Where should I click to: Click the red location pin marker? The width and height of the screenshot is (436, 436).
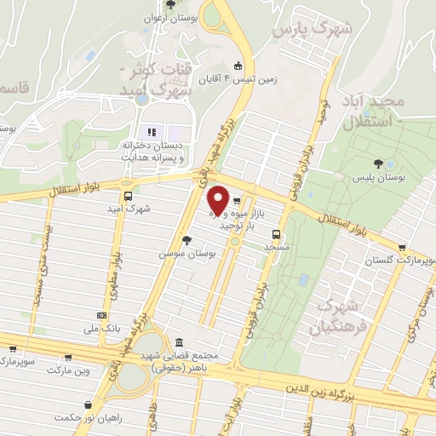click(218, 200)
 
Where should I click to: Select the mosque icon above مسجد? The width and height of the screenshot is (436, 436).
click(276, 234)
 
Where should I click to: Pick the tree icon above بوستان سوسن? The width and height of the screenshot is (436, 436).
click(186, 240)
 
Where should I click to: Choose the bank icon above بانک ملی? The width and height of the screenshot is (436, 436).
click(103, 315)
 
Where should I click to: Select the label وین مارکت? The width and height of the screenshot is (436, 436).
click(68, 370)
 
